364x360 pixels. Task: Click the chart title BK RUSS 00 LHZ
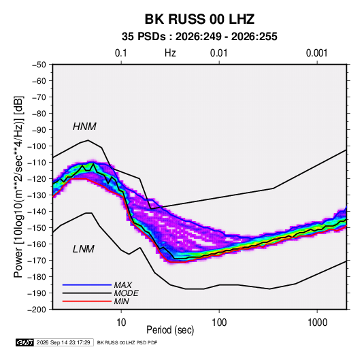[199, 19]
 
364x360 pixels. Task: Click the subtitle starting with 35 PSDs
[199, 37]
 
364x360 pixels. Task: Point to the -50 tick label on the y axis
[39, 65]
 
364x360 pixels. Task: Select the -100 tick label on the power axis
[37, 146]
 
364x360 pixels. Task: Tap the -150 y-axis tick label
[37, 228]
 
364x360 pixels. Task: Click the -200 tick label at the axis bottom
[37, 310]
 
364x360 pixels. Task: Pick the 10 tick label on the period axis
[121, 323]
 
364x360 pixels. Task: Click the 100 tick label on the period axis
[219, 323]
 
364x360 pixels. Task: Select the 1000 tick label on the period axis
[317, 323]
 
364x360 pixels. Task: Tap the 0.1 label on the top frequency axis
[121, 53]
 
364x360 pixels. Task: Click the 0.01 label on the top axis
[218, 53]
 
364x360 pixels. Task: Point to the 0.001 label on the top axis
[316, 53]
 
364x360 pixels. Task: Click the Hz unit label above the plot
[170, 53]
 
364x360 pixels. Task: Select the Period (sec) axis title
[170, 330]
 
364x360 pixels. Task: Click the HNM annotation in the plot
[84, 127]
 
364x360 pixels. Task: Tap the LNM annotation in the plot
[84, 249]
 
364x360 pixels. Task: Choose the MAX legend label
[123, 285]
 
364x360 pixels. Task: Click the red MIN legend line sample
[87, 301]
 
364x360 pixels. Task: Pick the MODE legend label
[127, 293]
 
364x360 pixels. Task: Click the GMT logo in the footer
[24, 342]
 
